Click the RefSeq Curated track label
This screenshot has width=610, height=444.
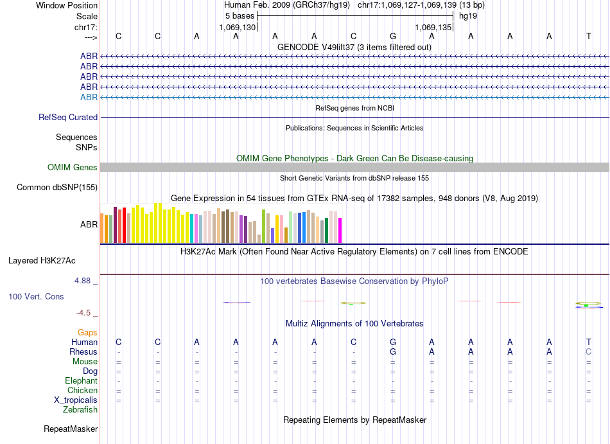coord(68,118)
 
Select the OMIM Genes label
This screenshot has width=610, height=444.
coord(73,168)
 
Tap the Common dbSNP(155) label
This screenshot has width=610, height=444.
coord(57,188)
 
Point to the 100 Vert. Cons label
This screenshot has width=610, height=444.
coord(36,297)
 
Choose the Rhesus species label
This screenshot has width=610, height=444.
coord(83,352)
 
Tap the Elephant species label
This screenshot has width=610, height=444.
coord(81,381)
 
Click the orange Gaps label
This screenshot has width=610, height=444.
coord(87,333)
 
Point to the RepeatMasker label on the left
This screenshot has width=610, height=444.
coord(71,429)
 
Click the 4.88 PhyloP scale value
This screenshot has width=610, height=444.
coord(84,281)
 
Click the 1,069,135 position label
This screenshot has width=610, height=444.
coord(433,28)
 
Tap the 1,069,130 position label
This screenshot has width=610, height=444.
coord(238,28)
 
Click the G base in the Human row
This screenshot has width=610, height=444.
coord(393,342)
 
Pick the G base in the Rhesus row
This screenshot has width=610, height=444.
coord(393,352)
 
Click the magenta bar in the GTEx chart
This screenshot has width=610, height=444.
coord(340,230)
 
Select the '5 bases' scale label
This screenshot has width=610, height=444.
coord(240,16)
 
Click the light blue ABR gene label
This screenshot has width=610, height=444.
coord(89,97)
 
